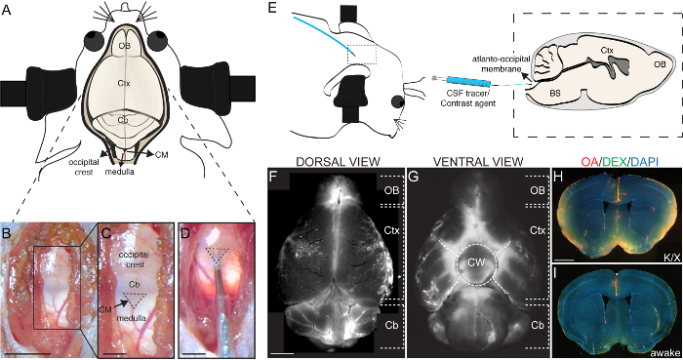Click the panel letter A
[x=9, y=10]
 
